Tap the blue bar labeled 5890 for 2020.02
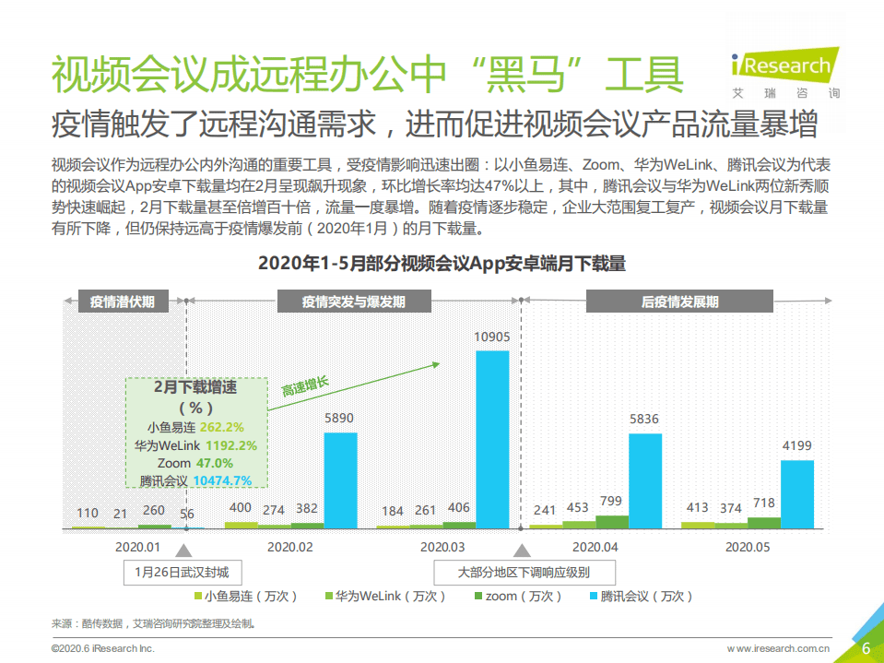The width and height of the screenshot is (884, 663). click(x=340, y=479)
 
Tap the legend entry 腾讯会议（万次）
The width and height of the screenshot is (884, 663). click(x=639, y=597)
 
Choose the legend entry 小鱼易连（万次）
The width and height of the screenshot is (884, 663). click(x=243, y=597)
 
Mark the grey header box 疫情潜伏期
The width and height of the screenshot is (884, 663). click(x=123, y=302)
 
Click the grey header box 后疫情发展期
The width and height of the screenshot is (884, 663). click(x=679, y=302)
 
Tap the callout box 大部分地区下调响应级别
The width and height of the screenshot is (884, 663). click(x=523, y=572)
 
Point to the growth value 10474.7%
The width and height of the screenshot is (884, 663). click(x=222, y=480)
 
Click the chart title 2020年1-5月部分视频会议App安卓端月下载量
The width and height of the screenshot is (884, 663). click(x=442, y=265)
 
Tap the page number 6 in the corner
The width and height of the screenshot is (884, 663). click(x=866, y=647)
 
